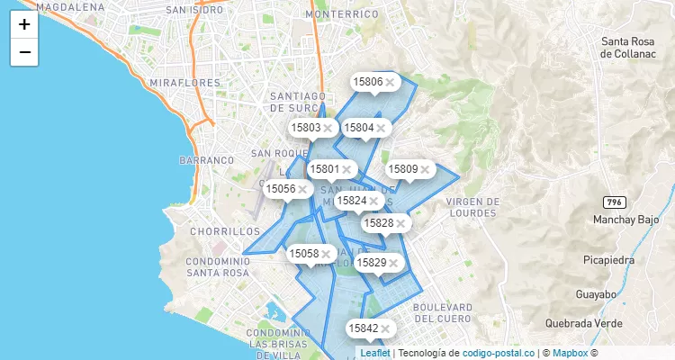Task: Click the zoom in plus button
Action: (24, 24)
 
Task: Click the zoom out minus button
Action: (24, 52)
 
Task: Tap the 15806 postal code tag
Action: (368, 82)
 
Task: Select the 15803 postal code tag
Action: (306, 128)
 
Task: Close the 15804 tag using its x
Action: (382, 129)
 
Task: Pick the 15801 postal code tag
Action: (324, 168)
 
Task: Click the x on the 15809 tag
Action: (426, 169)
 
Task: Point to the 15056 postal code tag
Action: (280, 189)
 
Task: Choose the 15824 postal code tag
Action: (351, 201)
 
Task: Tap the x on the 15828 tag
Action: (401, 223)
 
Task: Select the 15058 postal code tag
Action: (303, 254)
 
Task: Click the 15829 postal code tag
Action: (371, 263)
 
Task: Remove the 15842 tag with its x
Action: (385, 329)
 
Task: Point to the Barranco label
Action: (206, 159)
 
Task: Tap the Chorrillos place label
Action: (225, 231)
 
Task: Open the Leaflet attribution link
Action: (375, 354)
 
